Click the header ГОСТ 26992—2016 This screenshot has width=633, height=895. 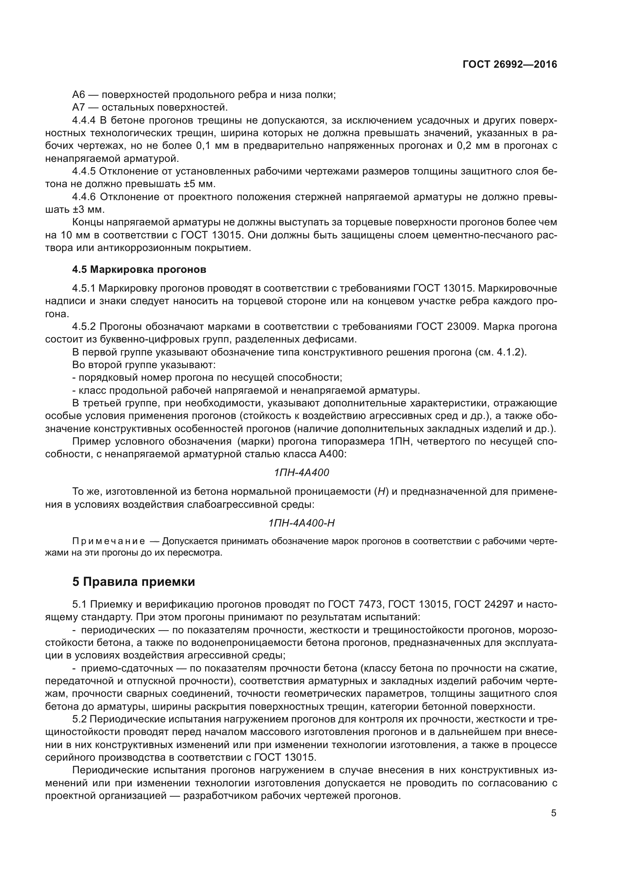509,65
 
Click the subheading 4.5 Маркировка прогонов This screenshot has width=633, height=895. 139,270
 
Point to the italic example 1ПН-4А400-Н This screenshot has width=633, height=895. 301,523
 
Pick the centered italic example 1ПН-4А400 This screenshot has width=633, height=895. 301,473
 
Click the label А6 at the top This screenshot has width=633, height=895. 79,95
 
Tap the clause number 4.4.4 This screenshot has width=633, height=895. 84,121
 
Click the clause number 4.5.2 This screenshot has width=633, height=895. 84,326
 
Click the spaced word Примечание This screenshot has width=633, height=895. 109,541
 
